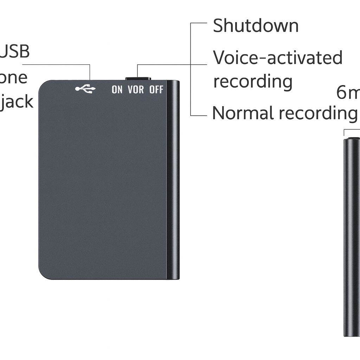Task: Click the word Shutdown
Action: pyautogui.click(x=256, y=26)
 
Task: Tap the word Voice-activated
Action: pyautogui.click(x=278, y=58)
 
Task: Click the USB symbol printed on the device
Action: pyautogui.click(x=85, y=89)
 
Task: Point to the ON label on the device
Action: pyautogui.click(x=117, y=90)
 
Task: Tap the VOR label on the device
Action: pyautogui.click(x=136, y=90)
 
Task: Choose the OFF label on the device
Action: pyautogui.click(x=156, y=90)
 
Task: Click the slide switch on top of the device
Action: pyautogui.click(x=138, y=79)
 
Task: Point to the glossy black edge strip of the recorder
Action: pyautogui.click(x=173, y=179)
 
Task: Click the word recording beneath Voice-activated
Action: pyautogui.click(x=253, y=82)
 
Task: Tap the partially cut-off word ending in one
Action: pyautogui.click(x=13, y=78)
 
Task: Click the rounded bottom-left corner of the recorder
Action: pyautogui.click(x=44, y=274)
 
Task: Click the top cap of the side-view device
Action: pyautogui.click(x=352, y=140)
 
